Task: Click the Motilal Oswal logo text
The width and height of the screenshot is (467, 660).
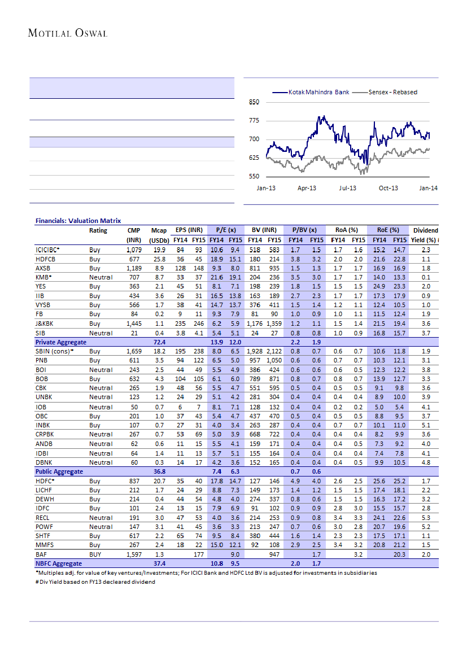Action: [68, 33]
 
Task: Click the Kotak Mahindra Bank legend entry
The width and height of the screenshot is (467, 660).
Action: [318, 92]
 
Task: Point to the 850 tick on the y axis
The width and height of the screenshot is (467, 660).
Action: [254, 102]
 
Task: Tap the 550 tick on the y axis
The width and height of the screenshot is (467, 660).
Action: [254, 177]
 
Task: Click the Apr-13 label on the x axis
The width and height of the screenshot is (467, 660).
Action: [307, 188]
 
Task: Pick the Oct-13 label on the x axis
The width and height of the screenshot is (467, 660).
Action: [388, 188]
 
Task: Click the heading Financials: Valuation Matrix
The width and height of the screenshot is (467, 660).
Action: [78, 221]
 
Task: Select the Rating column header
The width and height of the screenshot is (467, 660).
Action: [98, 230]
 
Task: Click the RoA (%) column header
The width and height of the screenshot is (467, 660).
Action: [346, 230]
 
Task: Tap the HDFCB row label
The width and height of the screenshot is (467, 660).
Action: [46, 259]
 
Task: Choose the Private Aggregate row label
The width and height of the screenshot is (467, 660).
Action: [61, 342]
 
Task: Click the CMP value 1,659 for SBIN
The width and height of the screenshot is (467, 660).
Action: [133, 351]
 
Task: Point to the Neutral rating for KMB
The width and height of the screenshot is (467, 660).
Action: [101, 277]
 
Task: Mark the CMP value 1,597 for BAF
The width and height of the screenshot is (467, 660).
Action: [133, 554]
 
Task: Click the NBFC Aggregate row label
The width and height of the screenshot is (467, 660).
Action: [59, 563]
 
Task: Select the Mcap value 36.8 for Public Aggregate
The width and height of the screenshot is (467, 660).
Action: [159, 471]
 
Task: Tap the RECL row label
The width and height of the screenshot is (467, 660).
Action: [43, 518]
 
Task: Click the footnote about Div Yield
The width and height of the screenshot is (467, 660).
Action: [95, 582]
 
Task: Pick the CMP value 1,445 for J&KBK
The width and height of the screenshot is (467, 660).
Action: [133, 324]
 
